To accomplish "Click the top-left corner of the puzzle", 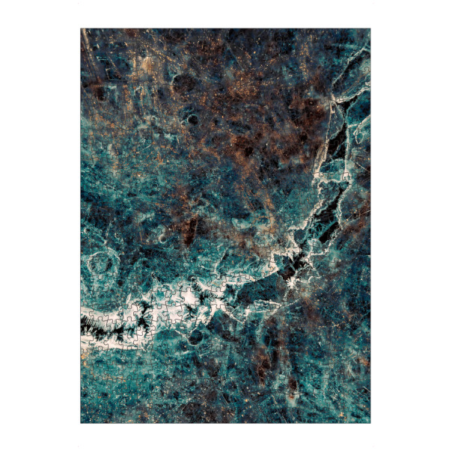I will [81, 28].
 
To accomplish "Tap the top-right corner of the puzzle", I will [370, 28].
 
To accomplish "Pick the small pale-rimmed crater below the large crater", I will [192, 118].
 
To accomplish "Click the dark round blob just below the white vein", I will [196, 337].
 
